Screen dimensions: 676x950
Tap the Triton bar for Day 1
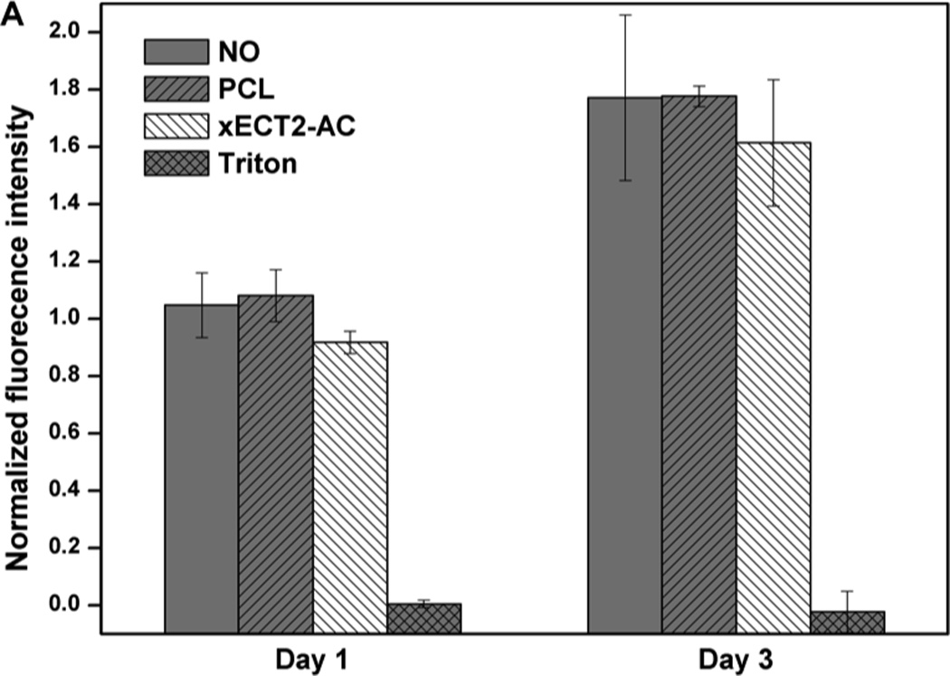[424, 618]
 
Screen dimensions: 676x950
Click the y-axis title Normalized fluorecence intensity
[20, 337]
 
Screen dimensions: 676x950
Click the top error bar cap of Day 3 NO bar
[624, 14]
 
